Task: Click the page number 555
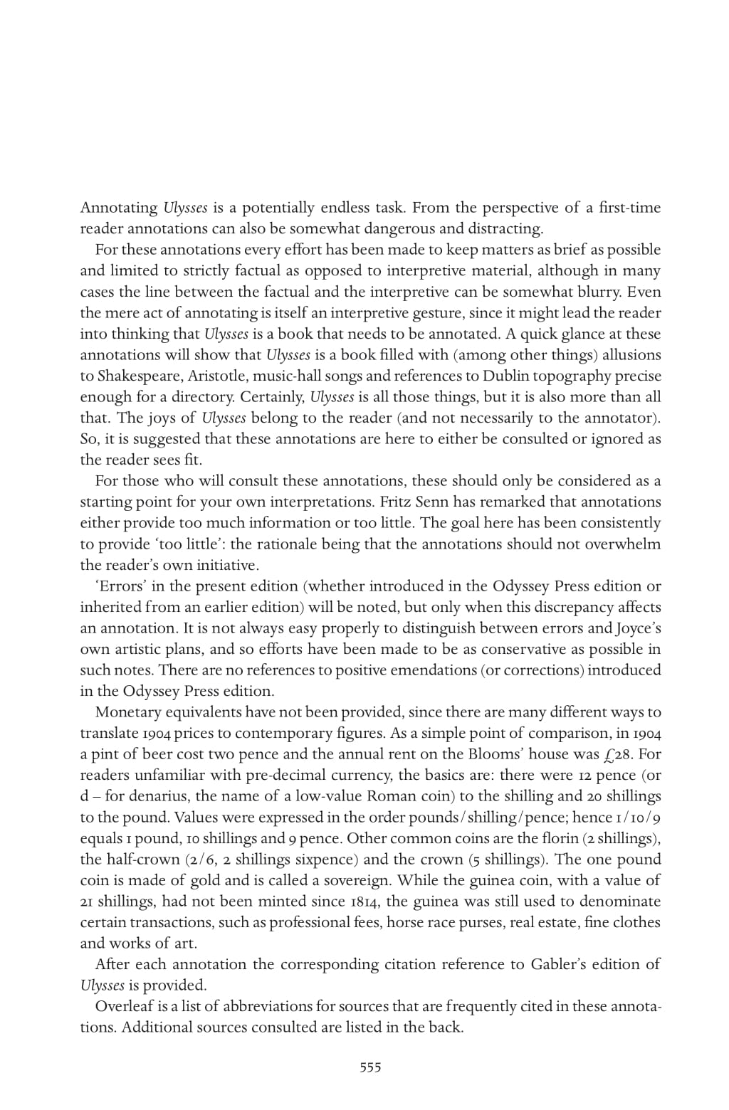[370, 1067]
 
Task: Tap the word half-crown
[140, 860]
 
